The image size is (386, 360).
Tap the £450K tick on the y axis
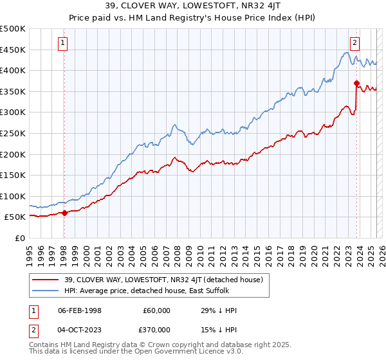(x=13, y=50)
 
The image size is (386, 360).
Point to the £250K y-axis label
(x=13, y=133)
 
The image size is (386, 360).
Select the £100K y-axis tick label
(x=13, y=196)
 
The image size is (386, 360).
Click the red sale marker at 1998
(x=64, y=213)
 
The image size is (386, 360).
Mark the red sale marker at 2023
(x=356, y=83)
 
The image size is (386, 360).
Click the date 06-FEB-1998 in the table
(x=80, y=310)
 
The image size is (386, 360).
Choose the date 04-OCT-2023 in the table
(x=80, y=328)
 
